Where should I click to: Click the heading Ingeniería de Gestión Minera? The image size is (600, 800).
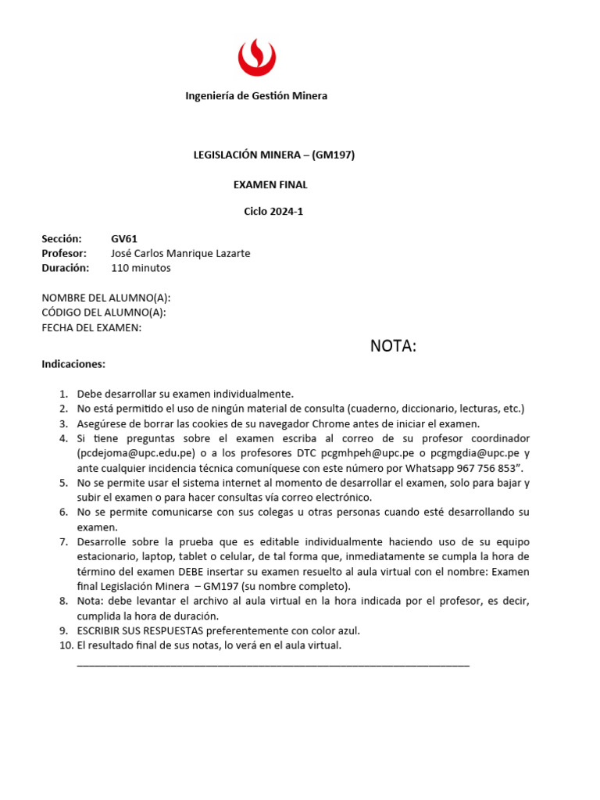[x=256, y=96]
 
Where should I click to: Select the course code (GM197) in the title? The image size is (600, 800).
[x=334, y=155]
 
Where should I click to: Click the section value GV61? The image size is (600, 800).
[x=124, y=239]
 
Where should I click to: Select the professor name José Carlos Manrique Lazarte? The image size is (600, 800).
[x=180, y=253]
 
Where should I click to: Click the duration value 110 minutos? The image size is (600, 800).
[x=141, y=268]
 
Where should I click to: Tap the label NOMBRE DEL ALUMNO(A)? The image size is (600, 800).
[x=105, y=298]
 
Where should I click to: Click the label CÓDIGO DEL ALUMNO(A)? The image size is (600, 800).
[x=103, y=312]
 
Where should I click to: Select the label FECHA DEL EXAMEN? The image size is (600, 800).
[x=91, y=327]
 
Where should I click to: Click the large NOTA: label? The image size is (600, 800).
[x=393, y=346]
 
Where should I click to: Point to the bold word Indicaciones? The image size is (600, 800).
[x=73, y=364]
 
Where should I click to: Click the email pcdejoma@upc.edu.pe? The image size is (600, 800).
[x=136, y=453]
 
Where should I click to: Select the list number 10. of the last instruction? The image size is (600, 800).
[x=66, y=645]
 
